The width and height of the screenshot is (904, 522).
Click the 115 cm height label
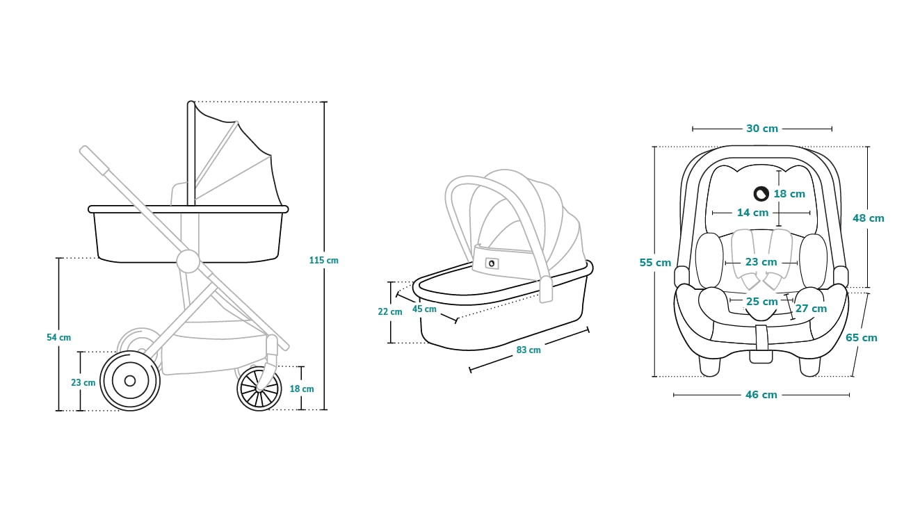(323, 261)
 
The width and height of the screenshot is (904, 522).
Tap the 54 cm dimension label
(59, 338)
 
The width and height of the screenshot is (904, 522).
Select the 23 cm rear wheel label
(83, 382)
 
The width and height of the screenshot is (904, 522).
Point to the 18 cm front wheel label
(302, 389)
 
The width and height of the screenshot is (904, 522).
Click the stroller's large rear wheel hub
(130, 380)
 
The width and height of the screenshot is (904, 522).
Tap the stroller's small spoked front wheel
(259, 389)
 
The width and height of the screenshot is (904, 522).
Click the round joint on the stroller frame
(188, 261)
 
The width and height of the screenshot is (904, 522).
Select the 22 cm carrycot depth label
(390, 312)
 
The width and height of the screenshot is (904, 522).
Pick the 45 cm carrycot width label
(424, 309)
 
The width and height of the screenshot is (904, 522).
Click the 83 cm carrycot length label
(528, 350)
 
